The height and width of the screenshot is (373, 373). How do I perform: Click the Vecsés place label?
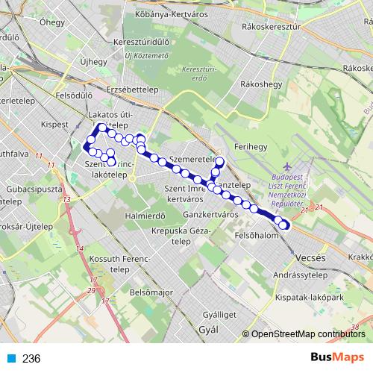point(310,257)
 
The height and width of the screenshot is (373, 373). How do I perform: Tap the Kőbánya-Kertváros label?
point(166,14)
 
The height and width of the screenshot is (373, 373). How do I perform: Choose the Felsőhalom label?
point(256,235)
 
